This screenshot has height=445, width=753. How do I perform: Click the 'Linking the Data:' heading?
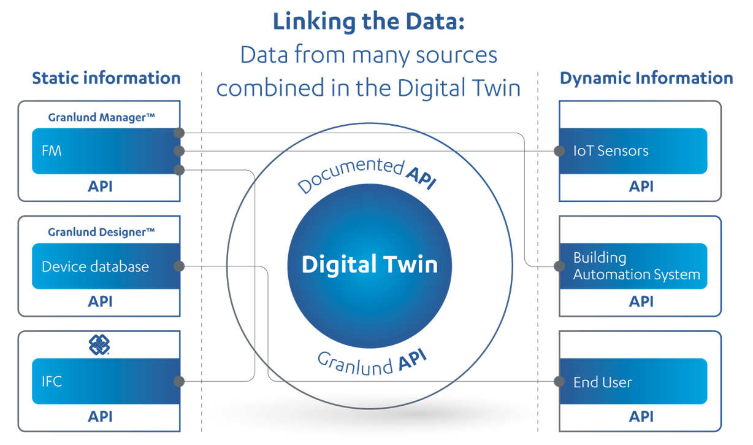(x=369, y=21)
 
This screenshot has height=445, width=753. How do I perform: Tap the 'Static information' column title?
(x=106, y=78)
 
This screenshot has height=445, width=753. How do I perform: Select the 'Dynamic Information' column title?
(x=646, y=78)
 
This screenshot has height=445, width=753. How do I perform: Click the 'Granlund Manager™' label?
(x=101, y=117)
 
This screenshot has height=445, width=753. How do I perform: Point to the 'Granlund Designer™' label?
(x=101, y=232)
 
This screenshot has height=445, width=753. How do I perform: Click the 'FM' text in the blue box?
(x=52, y=151)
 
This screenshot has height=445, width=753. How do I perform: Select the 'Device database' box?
(x=106, y=266)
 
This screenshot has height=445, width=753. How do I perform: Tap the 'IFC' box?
(x=106, y=381)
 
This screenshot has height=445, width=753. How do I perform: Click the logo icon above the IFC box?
(x=99, y=345)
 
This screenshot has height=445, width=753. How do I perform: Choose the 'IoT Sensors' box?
(x=633, y=151)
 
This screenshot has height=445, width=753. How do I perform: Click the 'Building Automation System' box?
(x=633, y=266)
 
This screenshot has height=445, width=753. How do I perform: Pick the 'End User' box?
(x=633, y=381)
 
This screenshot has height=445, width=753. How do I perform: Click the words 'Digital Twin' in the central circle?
(x=370, y=265)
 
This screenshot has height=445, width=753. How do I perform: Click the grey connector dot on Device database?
(x=179, y=266)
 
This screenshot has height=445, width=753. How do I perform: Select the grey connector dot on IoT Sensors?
(x=559, y=151)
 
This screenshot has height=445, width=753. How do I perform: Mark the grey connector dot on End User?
(x=559, y=381)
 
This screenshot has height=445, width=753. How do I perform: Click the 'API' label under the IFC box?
(x=100, y=417)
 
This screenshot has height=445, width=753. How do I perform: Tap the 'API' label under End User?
(x=641, y=417)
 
